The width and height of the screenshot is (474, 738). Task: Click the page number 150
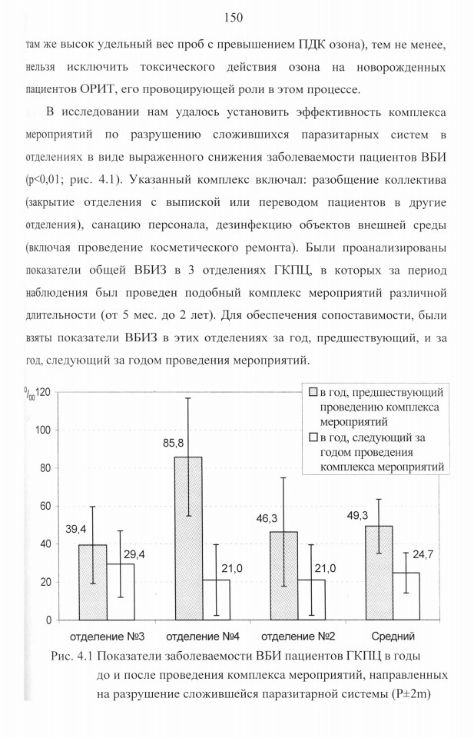click(234, 18)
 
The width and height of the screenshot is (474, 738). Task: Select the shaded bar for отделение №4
click(188, 538)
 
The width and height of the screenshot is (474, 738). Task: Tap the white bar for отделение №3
click(121, 592)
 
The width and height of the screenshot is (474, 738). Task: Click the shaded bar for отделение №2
click(283, 576)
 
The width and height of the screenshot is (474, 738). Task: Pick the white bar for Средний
click(406, 597)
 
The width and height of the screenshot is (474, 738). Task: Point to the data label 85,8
click(174, 444)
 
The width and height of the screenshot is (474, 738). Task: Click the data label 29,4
click(134, 554)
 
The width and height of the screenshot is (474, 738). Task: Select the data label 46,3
click(267, 519)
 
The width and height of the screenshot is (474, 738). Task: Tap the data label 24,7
click(423, 554)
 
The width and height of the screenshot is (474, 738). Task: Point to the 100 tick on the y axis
click(44, 430)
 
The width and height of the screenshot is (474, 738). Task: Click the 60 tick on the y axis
click(46, 506)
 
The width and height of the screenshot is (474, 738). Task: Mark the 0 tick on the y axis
click(49, 620)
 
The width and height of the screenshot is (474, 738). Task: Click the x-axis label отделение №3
click(108, 637)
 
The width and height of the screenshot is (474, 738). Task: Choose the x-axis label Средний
click(393, 637)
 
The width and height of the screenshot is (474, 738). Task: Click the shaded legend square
click(313, 392)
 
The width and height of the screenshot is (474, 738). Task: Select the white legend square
click(313, 437)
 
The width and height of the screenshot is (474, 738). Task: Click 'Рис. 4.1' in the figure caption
click(72, 656)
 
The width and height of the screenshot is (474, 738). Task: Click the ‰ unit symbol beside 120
click(30, 394)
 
